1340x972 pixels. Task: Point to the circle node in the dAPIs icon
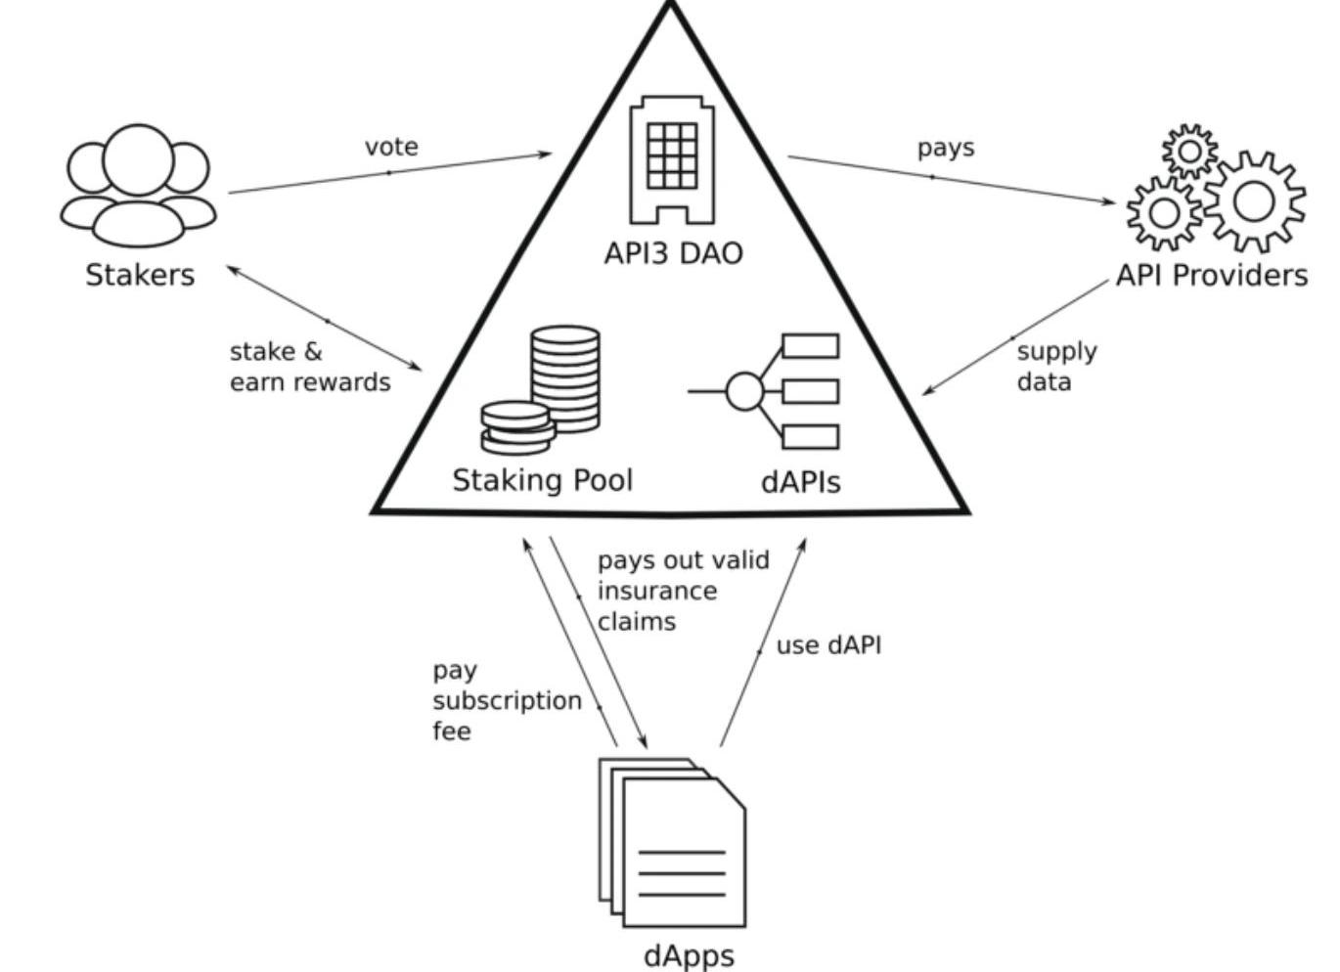[744, 391]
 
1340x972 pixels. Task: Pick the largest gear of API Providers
[1254, 201]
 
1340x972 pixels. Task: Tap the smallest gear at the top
[1190, 151]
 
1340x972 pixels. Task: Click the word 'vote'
[391, 147]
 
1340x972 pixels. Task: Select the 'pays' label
[946, 148]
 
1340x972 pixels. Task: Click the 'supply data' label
[1056, 366]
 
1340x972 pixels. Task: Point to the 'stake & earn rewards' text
[309, 366]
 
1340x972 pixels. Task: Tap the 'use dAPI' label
[828, 645]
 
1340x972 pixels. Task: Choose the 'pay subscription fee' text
[506, 700]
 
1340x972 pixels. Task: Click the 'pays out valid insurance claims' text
[683, 590]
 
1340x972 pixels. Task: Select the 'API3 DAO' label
[673, 253]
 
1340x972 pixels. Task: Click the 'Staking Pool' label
[542, 480]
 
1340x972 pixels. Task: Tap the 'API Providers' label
[1211, 276]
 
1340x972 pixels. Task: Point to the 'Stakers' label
[140, 275]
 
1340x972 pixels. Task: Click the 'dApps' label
[689, 954]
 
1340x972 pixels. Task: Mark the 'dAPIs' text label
[800, 481]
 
